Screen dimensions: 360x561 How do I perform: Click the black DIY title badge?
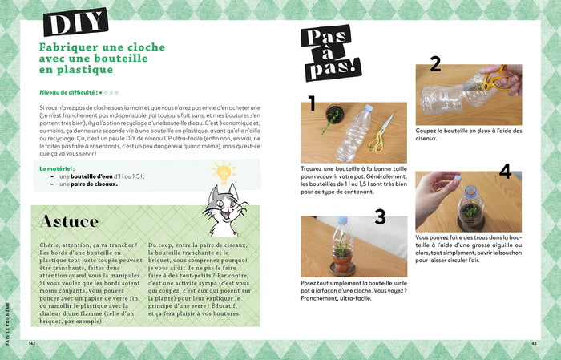pos(75,23)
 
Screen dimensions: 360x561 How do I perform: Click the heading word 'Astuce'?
pos(70,221)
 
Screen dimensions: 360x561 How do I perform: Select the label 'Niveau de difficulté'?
pos(69,92)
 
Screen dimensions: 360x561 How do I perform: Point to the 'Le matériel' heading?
pos(56,169)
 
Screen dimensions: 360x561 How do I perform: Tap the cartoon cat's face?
pos(220,210)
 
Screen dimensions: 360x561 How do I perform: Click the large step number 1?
pos(312,103)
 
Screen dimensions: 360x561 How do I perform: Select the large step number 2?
pos(435,65)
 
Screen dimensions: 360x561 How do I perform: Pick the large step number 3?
pos(379,216)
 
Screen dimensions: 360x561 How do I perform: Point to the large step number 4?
pos(505,171)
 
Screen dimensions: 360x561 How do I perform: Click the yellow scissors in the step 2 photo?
pos(492,81)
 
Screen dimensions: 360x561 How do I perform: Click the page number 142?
pos(33,343)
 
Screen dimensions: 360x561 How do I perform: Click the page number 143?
pos(532,343)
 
